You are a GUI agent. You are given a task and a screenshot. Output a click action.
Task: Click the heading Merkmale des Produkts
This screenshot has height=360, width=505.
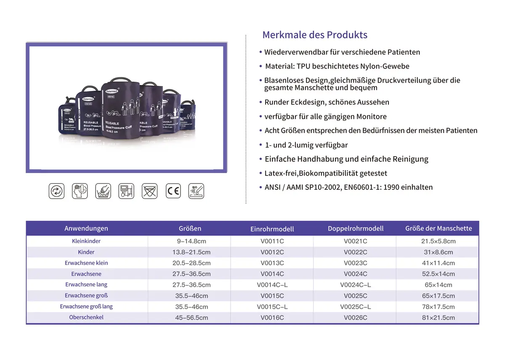click(315, 35)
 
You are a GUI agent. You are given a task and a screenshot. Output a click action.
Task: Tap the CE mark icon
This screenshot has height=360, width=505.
click(173, 191)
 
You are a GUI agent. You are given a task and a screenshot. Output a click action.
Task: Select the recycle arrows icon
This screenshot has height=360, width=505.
click(56, 191)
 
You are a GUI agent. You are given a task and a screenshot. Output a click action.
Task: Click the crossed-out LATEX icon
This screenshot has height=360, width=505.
click(149, 191)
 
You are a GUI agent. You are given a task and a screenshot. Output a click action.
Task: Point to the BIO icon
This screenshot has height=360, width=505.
click(196, 191)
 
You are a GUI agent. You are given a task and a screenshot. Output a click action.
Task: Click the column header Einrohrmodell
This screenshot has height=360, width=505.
click(272, 229)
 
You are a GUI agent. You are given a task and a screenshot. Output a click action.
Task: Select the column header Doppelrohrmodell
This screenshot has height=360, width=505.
click(356, 229)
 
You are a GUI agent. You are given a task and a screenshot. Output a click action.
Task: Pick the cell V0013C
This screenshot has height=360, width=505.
click(272, 263)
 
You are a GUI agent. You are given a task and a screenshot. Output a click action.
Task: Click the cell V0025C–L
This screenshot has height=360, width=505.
click(356, 307)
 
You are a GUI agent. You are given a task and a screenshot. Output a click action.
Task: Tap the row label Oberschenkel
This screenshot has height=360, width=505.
click(86, 317)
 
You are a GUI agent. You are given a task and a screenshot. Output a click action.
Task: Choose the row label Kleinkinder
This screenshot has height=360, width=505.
click(86, 241)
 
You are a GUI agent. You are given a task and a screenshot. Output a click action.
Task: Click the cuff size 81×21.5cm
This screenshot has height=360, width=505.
click(439, 318)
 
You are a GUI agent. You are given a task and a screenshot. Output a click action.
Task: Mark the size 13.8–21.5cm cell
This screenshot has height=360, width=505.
click(191, 252)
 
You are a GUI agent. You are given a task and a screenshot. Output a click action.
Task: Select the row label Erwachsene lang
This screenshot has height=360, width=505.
click(86, 285)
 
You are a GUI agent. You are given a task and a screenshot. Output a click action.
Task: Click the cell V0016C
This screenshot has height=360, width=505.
click(272, 318)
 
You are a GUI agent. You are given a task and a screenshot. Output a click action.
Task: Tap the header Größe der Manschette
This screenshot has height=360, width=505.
click(439, 229)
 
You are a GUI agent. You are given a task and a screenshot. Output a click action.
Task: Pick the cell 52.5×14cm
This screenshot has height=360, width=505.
click(439, 274)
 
